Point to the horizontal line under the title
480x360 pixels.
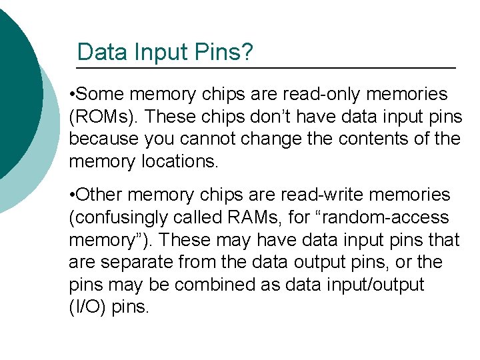point(266,69)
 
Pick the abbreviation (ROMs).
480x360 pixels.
point(103,117)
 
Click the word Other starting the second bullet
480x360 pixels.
point(102,195)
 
